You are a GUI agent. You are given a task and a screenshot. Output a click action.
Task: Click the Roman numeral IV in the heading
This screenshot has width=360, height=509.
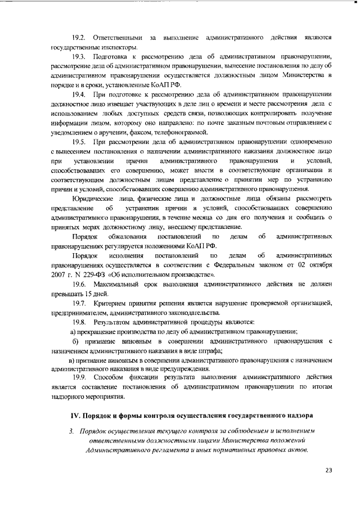(74, 416)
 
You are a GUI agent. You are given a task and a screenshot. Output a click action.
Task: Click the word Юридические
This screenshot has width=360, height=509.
(94, 199)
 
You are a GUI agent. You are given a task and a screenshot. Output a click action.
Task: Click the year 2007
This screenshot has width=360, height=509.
(59, 275)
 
